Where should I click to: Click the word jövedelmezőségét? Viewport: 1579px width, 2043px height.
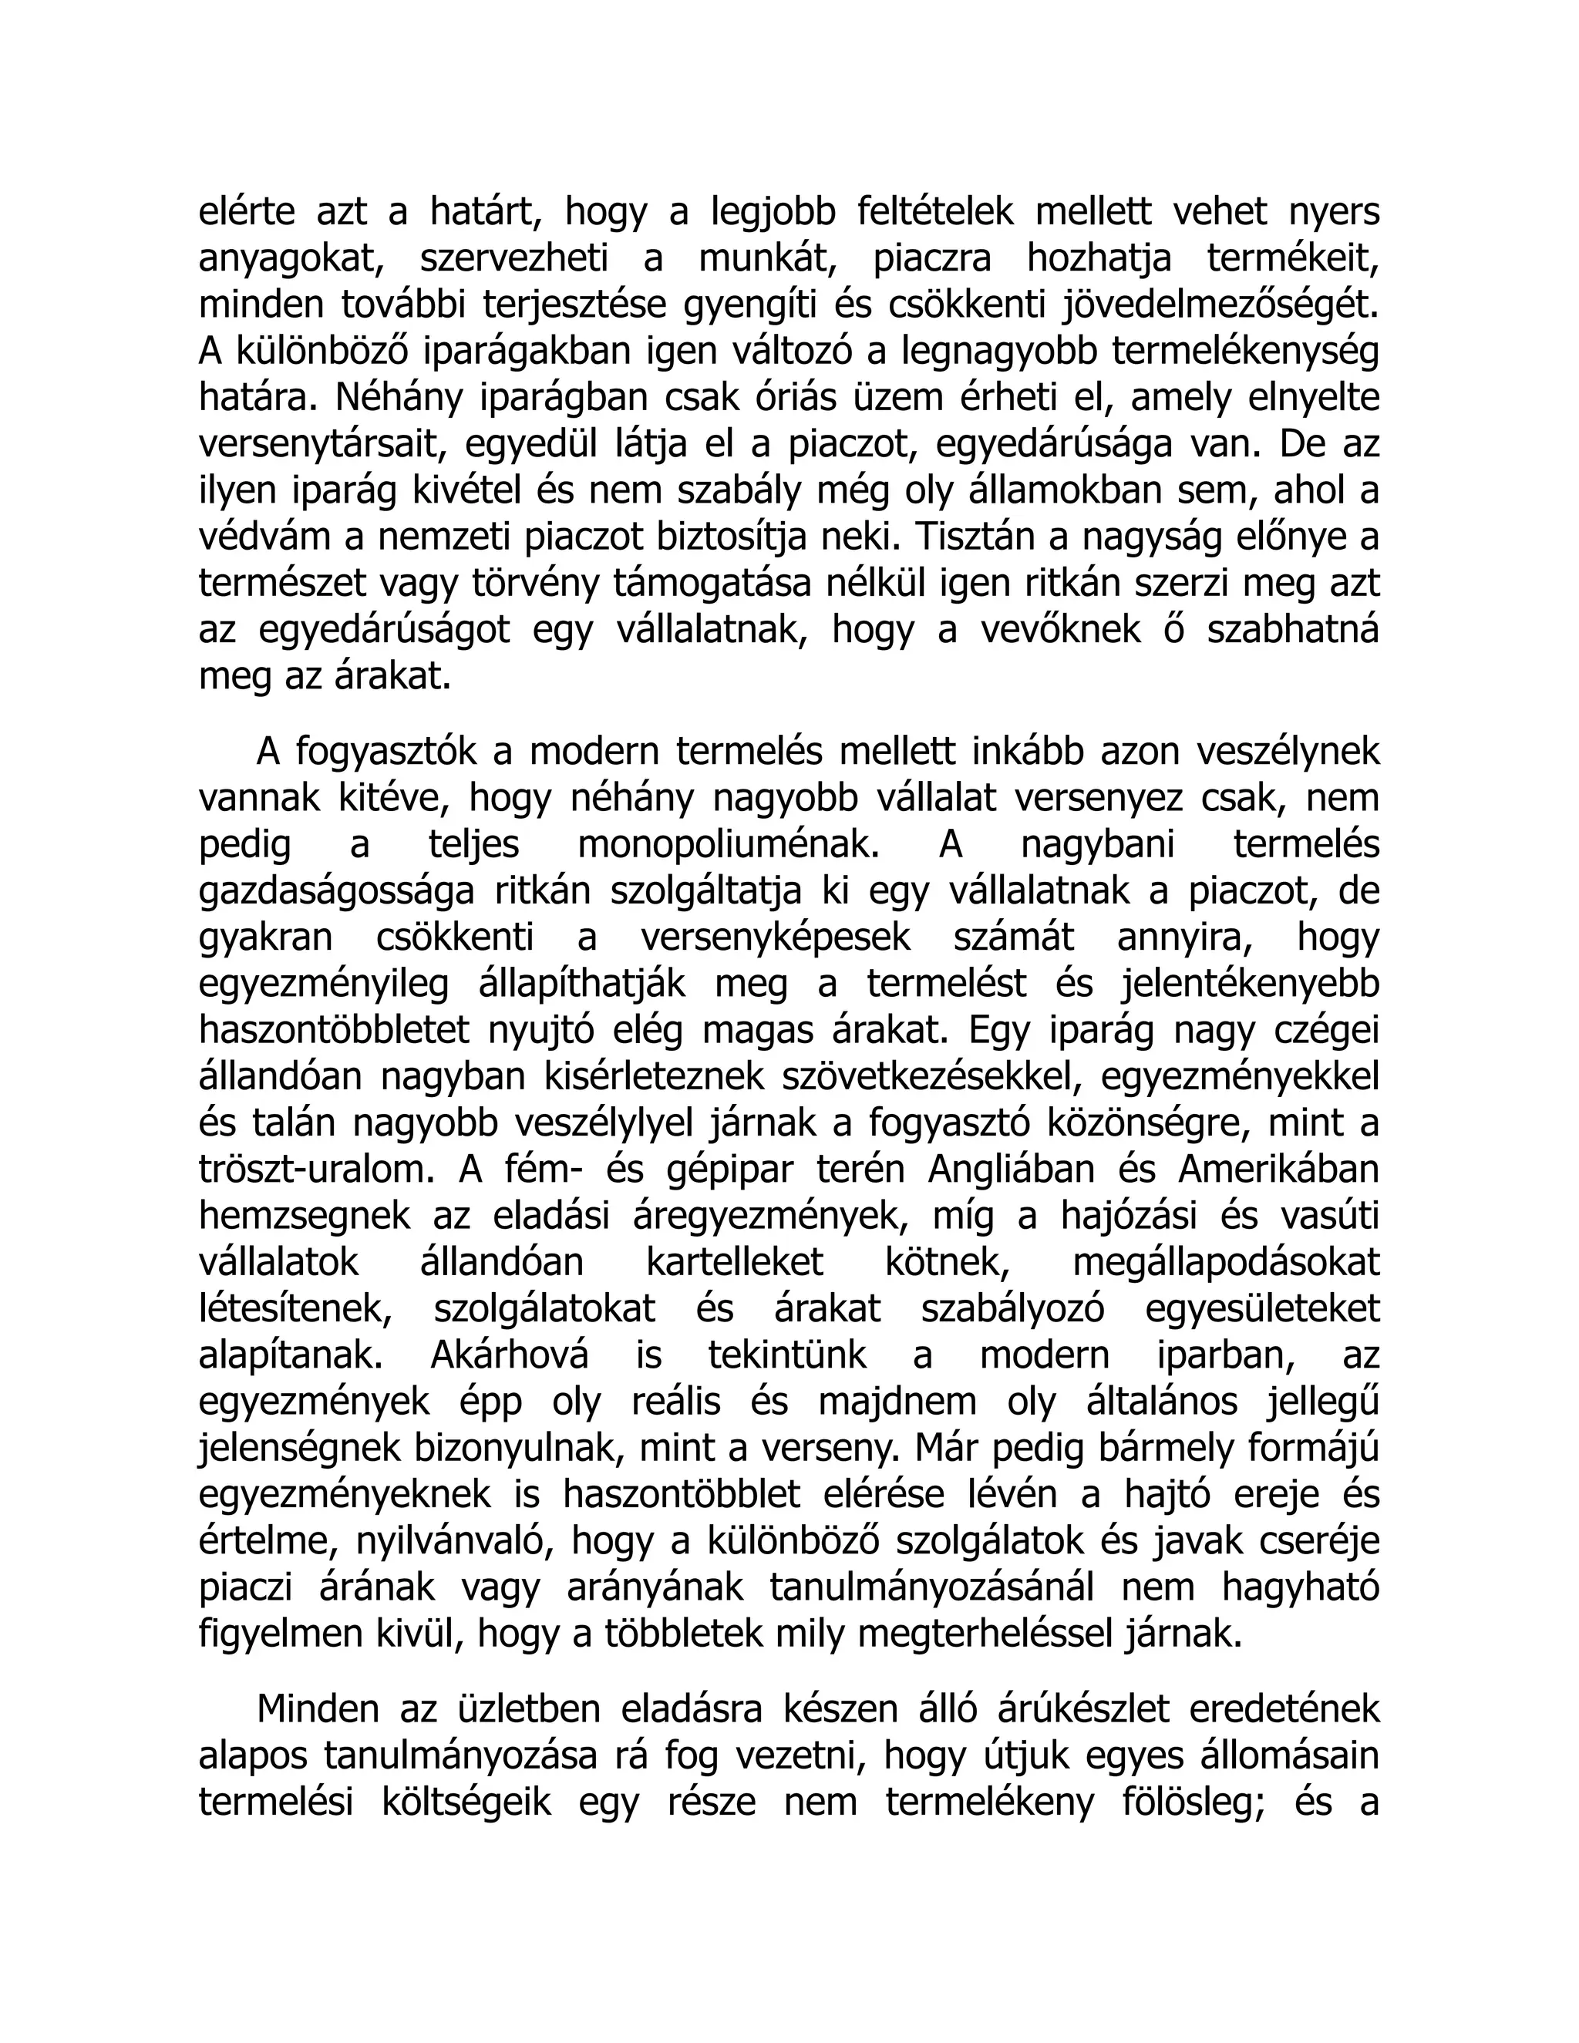tap(1220, 306)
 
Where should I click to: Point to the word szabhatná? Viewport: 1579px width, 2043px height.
tap(1293, 630)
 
